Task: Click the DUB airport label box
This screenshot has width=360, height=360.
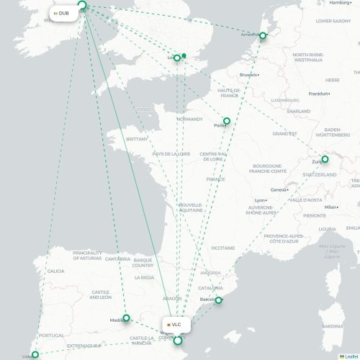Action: coord(62,13)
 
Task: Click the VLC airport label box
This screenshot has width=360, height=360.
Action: coord(174,325)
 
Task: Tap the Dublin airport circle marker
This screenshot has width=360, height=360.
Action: coord(81,6)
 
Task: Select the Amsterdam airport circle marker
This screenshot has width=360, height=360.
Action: coord(263,35)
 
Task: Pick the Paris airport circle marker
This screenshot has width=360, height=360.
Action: coord(227,122)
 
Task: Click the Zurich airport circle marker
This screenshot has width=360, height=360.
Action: coord(325,159)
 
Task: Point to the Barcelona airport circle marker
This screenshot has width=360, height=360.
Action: coord(218,300)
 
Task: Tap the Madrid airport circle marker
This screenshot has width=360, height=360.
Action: coord(126,318)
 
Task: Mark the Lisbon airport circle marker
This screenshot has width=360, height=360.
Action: coord(35,355)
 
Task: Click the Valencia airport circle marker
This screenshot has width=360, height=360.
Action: coord(178,340)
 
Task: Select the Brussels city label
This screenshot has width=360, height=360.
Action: coord(248,75)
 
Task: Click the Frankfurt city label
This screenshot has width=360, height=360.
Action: coord(318,94)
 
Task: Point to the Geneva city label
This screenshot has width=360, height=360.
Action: coord(279,190)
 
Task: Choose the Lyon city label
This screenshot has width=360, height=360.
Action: coord(261,200)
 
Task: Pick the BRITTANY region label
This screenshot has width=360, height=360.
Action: coord(137,138)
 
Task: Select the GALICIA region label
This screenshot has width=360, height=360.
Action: coord(55,271)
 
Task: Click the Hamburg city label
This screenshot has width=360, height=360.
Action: coord(340,3)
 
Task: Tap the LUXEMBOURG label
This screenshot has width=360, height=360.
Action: coord(285,100)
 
